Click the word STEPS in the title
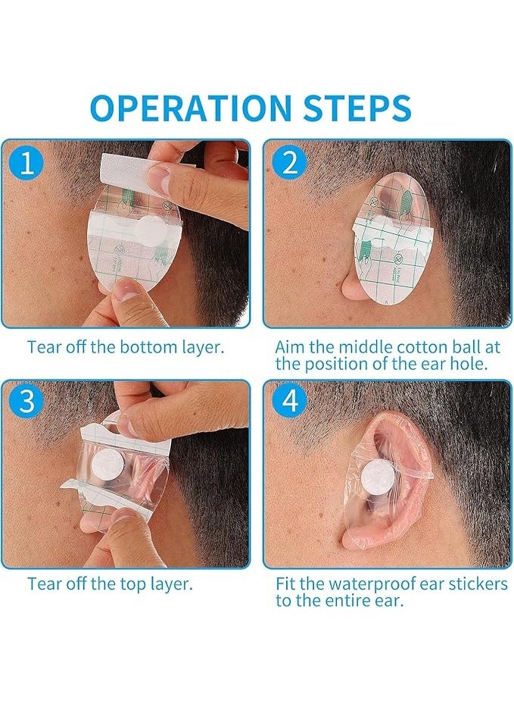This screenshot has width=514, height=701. click(x=354, y=108)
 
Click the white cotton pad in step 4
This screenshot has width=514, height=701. click(x=373, y=477)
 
